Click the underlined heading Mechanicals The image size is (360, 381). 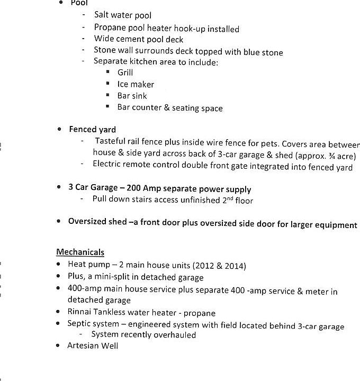tap(80, 252)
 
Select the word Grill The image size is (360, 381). tap(125, 72)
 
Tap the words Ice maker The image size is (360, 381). tap(136, 84)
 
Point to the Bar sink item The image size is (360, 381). tap(132, 96)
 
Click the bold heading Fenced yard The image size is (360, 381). tap(92, 129)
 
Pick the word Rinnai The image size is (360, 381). tap(80, 313)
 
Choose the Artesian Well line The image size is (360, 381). tap(92, 346)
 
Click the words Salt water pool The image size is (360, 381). tap(123, 15)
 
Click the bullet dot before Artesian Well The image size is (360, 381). tap(58, 346)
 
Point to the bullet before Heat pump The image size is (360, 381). tap(58, 265)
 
